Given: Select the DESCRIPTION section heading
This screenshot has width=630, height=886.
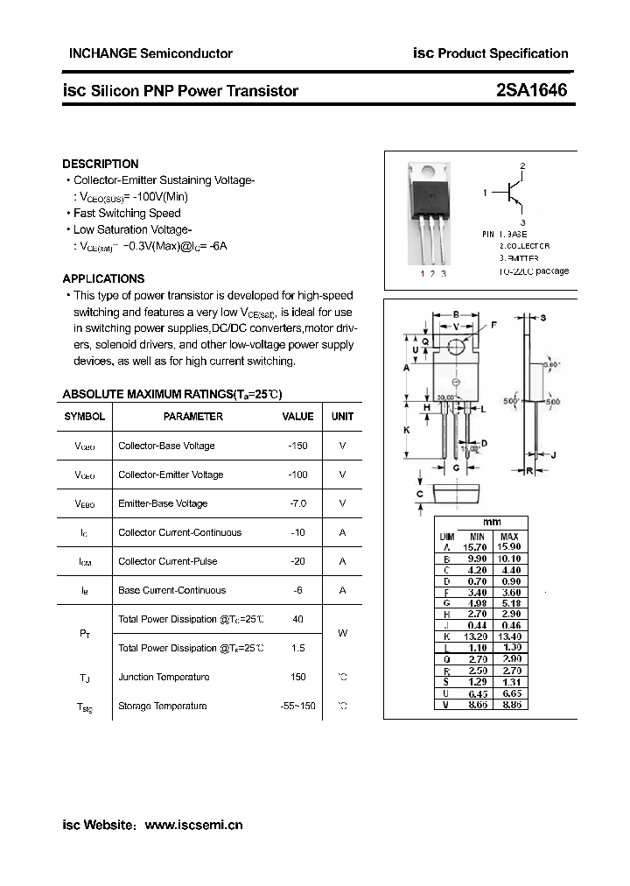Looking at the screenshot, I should [101, 164].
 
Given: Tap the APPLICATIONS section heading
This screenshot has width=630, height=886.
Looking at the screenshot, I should [103, 278].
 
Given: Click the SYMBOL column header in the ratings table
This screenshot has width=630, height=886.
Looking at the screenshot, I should [85, 417].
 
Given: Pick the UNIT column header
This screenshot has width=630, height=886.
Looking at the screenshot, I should [342, 417].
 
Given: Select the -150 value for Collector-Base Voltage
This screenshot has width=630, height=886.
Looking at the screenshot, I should [297, 446].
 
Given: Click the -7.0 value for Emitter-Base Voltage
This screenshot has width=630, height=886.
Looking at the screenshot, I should [297, 503].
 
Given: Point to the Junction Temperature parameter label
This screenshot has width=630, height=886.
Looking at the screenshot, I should [164, 677].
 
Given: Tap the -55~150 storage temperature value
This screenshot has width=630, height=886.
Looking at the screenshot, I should [297, 706].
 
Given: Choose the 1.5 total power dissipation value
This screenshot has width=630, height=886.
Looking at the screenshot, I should [297, 648].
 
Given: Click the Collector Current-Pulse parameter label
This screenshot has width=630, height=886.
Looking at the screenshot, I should [168, 561].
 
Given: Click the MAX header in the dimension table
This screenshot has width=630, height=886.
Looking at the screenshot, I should [509, 536].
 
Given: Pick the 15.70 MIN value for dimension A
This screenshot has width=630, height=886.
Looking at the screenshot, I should [477, 546].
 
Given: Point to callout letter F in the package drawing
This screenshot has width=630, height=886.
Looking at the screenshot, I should [493, 325].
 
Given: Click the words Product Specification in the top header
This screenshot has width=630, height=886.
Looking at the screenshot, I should [502, 53].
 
